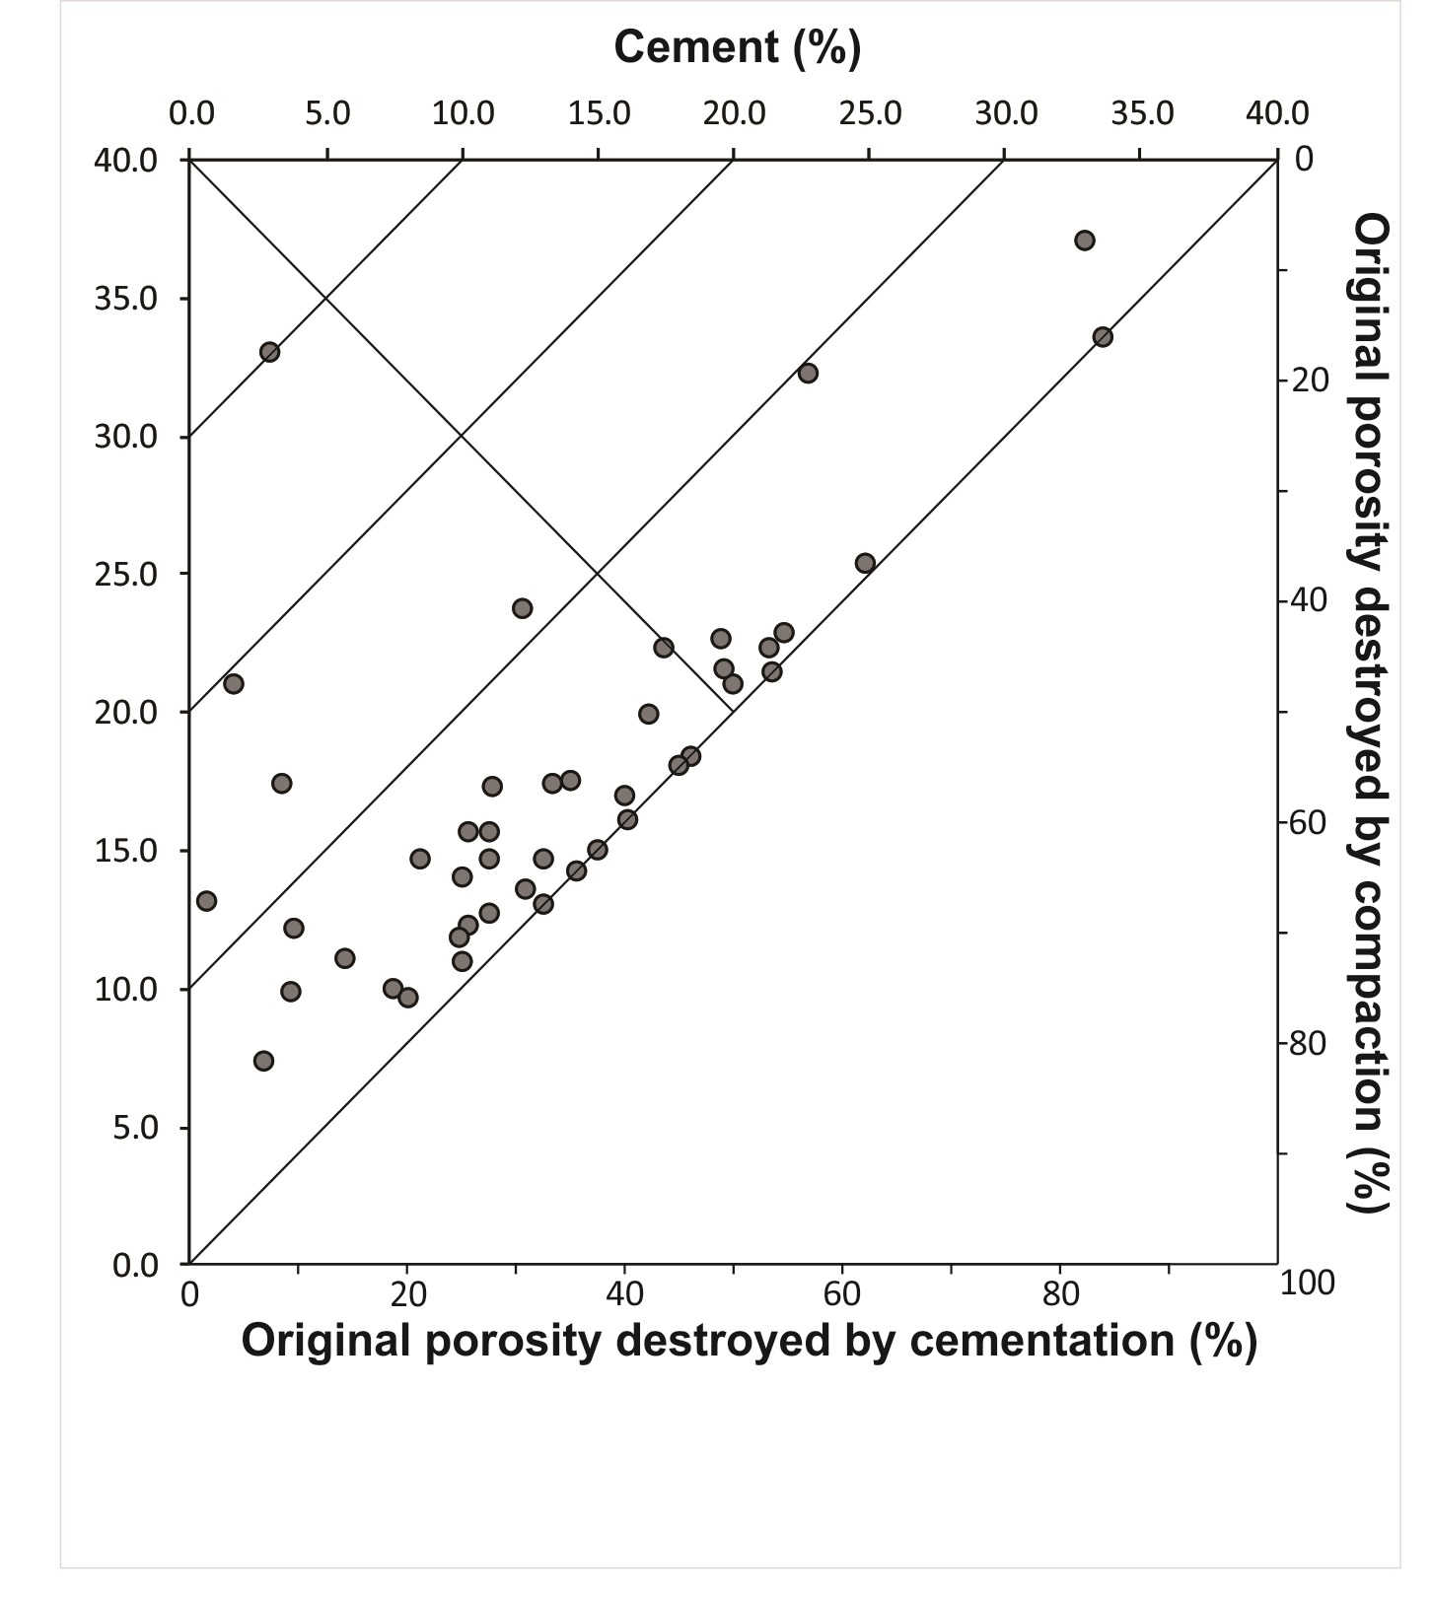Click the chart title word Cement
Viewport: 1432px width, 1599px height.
coord(696,46)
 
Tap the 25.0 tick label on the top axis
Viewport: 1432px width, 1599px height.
coord(869,113)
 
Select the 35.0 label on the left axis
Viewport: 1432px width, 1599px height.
coord(126,299)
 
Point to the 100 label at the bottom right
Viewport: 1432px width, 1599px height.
coord(1307,1284)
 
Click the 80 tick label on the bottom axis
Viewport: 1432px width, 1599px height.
coord(1060,1293)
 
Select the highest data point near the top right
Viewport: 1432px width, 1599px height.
coord(1085,241)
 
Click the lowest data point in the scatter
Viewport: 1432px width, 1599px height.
coord(263,1061)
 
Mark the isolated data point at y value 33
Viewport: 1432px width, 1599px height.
coord(269,352)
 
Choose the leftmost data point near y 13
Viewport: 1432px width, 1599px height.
coord(206,901)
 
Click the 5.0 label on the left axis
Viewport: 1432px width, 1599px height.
coord(135,1128)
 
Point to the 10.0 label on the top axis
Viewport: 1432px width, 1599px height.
coord(463,113)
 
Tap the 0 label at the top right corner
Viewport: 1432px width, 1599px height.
coord(1304,159)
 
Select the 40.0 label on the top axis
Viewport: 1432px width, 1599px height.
coord(1277,113)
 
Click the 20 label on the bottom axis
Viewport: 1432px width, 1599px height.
coord(407,1293)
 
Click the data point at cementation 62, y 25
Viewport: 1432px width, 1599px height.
coord(865,564)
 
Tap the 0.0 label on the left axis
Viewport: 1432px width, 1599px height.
coord(135,1266)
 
